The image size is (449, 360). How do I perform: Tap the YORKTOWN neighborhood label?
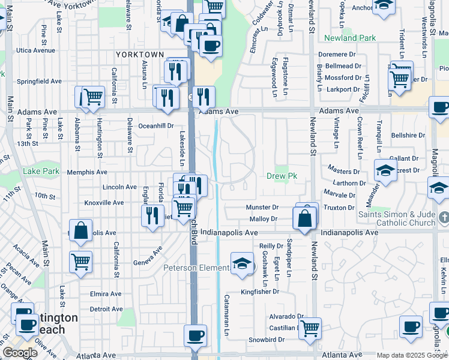140,55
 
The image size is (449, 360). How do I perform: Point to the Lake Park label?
41,171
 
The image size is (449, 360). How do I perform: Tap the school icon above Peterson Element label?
242,263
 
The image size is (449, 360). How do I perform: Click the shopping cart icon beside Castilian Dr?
310,328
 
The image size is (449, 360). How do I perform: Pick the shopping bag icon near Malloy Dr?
305,219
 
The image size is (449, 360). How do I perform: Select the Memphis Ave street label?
87,172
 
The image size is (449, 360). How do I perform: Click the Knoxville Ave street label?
104,203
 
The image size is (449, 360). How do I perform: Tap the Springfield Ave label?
39,81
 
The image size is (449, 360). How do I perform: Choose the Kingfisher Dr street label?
260,292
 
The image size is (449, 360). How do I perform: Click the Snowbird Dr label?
265,339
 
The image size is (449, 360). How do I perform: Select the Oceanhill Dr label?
155,126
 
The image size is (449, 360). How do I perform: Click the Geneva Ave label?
148,253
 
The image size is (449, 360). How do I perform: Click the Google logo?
20,353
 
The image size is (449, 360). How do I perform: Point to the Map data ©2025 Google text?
411,355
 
